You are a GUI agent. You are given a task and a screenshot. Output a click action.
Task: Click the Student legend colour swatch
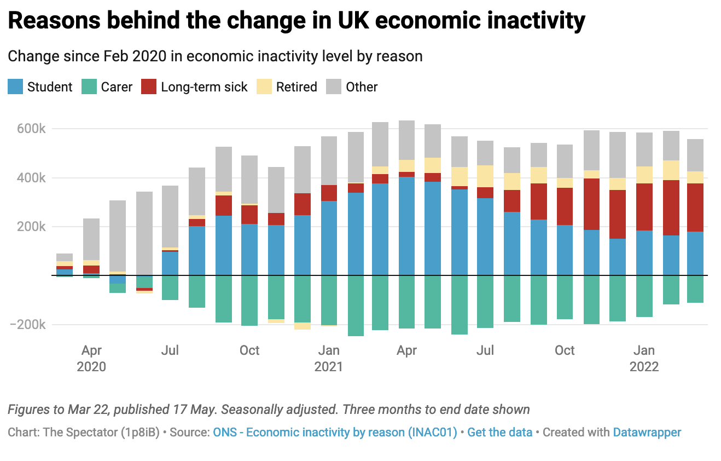click(15, 87)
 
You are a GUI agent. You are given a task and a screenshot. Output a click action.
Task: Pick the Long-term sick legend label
click(204, 87)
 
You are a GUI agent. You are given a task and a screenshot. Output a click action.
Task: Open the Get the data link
click(500, 433)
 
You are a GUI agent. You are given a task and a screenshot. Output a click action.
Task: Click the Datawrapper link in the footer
click(647, 433)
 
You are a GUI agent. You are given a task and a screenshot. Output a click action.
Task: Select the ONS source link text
click(335, 433)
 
